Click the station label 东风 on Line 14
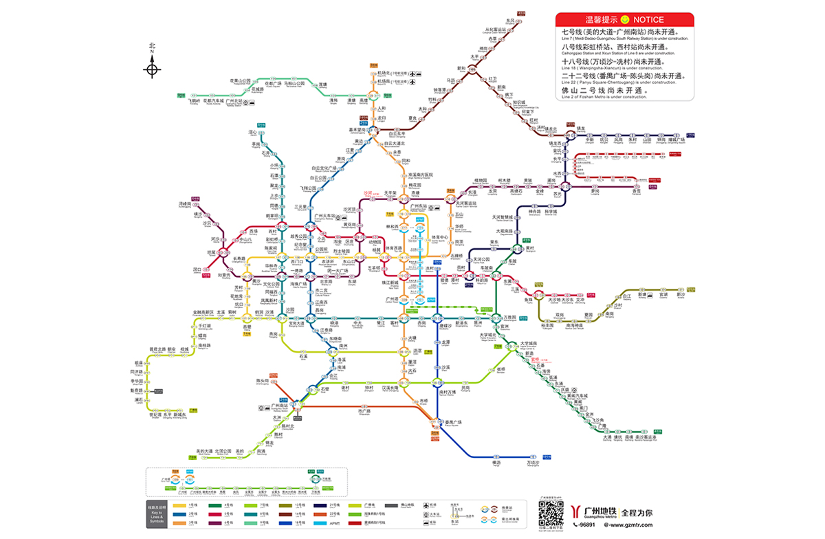[509, 21]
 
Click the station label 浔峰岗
[184, 204]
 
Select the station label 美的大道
[206, 451]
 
